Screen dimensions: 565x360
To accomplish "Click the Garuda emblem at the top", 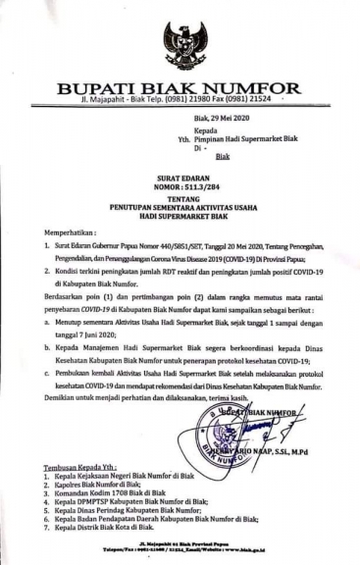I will (x=184, y=45).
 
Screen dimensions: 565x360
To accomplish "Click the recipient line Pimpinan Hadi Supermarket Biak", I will (x=250, y=140).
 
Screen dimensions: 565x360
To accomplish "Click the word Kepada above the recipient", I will (x=207, y=130).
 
